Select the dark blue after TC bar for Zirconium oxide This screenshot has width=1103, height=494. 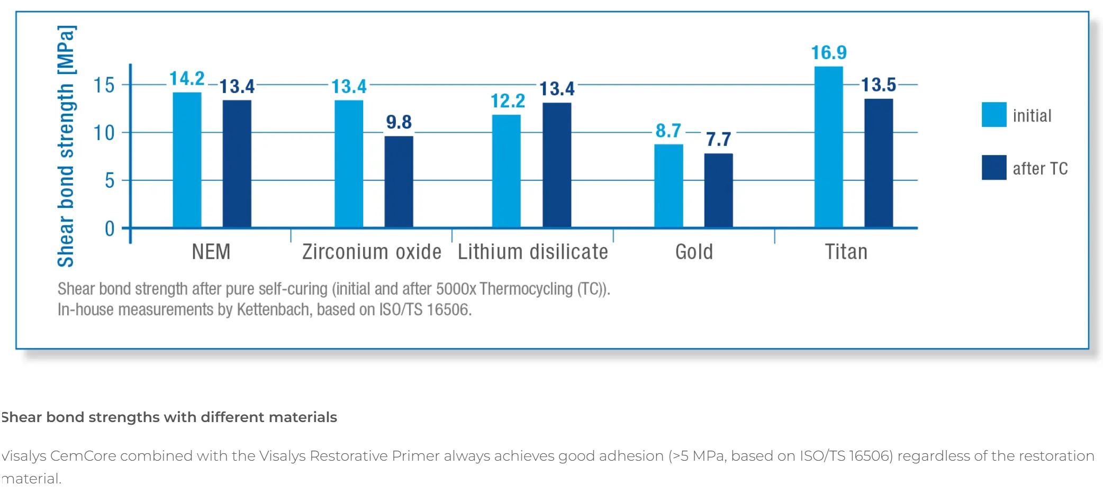point(399,182)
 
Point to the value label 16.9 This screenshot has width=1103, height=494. point(829,52)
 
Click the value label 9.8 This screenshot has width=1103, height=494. point(399,122)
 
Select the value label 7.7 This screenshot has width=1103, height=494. point(718,140)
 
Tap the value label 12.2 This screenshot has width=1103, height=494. point(508,101)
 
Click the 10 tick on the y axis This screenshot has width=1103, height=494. point(104,133)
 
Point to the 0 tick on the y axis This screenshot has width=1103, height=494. point(110,228)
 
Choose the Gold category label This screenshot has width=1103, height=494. point(694,252)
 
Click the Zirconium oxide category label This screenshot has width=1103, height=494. point(372,252)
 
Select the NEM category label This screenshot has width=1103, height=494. point(211,252)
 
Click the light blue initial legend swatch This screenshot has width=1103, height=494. point(993,115)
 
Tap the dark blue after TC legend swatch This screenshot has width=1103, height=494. point(993,168)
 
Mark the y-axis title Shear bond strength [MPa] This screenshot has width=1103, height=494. point(66,146)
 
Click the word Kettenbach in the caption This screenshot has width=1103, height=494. point(273,309)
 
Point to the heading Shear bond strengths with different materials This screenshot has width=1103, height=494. point(169,417)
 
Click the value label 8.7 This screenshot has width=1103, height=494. point(668,131)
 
